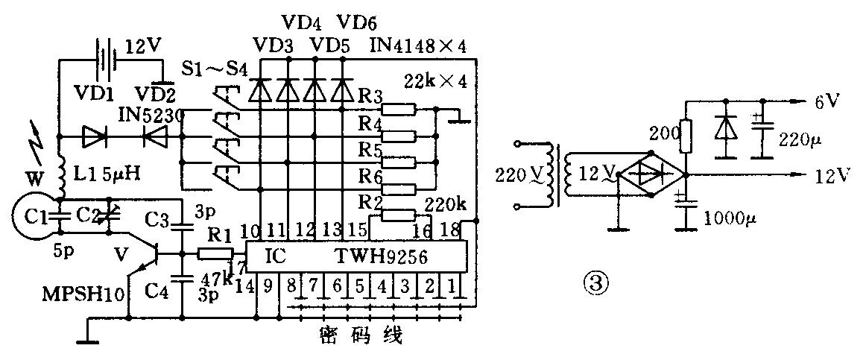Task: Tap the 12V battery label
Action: (141, 47)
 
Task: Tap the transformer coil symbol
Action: (560, 177)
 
